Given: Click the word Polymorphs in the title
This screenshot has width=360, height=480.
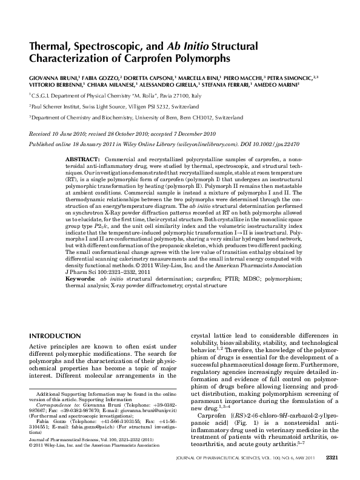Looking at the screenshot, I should [x=202, y=59].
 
